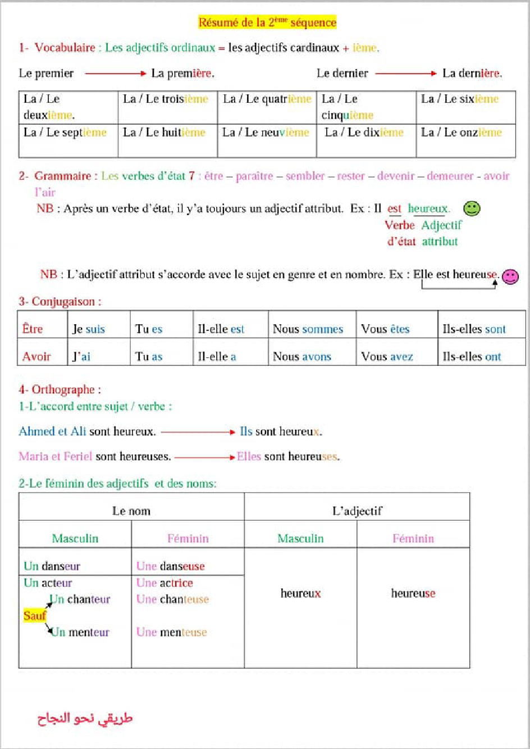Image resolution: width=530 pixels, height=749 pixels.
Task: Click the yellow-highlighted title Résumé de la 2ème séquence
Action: (267, 22)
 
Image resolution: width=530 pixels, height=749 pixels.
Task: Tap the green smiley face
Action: (472, 208)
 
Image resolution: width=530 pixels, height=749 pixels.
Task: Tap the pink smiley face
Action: (510, 276)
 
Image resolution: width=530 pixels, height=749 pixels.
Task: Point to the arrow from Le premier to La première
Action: (115, 74)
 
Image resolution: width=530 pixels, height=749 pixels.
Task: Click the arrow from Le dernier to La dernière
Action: (405, 74)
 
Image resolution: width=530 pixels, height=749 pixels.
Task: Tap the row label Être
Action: (33, 329)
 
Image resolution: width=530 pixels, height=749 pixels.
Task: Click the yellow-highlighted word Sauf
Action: (34, 616)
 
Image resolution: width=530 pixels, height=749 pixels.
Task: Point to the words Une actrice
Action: (165, 583)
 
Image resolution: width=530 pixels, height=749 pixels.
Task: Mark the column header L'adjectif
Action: (357, 511)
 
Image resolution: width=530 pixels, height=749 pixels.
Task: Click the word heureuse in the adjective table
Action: (413, 593)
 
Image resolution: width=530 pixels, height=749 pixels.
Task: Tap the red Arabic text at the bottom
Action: (85, 719)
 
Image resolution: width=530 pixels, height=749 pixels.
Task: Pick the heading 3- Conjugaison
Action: (60, 302)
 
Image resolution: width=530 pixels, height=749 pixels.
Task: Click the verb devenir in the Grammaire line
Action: (396, 176)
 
